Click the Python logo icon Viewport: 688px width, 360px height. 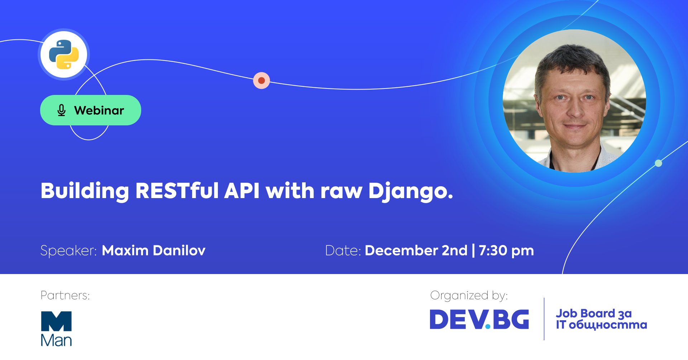tap(64, 54)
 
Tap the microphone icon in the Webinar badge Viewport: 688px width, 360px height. tap(61, 110)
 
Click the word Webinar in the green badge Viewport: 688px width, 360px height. tap(99, 110)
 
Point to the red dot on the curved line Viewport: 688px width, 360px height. tap(262, 81)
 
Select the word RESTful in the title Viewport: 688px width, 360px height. tap(177, 191)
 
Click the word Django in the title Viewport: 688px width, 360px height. tap(411, 192)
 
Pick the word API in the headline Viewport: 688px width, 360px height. tap(242, 191)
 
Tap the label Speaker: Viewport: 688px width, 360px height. tap(68, 251)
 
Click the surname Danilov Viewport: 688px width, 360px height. tap(179, 250)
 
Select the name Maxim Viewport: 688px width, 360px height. tap(125, 250)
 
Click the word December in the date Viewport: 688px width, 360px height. tap(401, 250)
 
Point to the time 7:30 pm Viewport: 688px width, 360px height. tap(506, 251)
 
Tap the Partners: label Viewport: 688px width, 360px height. tap(65, 295)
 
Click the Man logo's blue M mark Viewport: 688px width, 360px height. tap(56, 321)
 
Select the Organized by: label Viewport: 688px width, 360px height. tap(469, 296)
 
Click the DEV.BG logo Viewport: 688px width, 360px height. tap(479, 319)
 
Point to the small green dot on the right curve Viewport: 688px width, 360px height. tap(658, 163)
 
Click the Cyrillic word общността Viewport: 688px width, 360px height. tap(608, 325)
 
